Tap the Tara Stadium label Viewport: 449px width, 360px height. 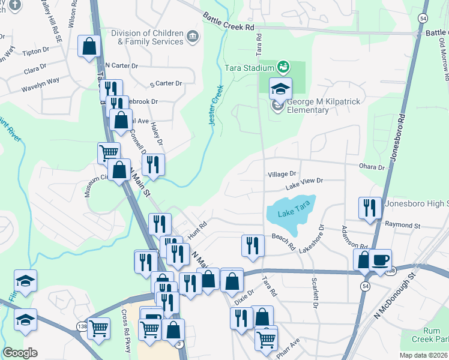pos(249,68)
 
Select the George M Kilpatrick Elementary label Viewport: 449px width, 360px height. pos(324,106)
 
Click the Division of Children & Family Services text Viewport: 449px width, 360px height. pos(150,37)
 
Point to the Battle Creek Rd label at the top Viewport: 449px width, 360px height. pos(228,22)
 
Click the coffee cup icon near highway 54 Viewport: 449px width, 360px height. pos(381,260)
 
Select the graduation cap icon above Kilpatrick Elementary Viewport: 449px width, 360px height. pos(280,89)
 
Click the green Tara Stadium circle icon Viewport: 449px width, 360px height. pos(283,65)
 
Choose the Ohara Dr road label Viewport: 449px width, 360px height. pos(372,167)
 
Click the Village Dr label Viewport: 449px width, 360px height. pos(282,173)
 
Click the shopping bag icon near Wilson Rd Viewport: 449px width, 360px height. pos(89,46)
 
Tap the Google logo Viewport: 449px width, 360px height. pos(20,353)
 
